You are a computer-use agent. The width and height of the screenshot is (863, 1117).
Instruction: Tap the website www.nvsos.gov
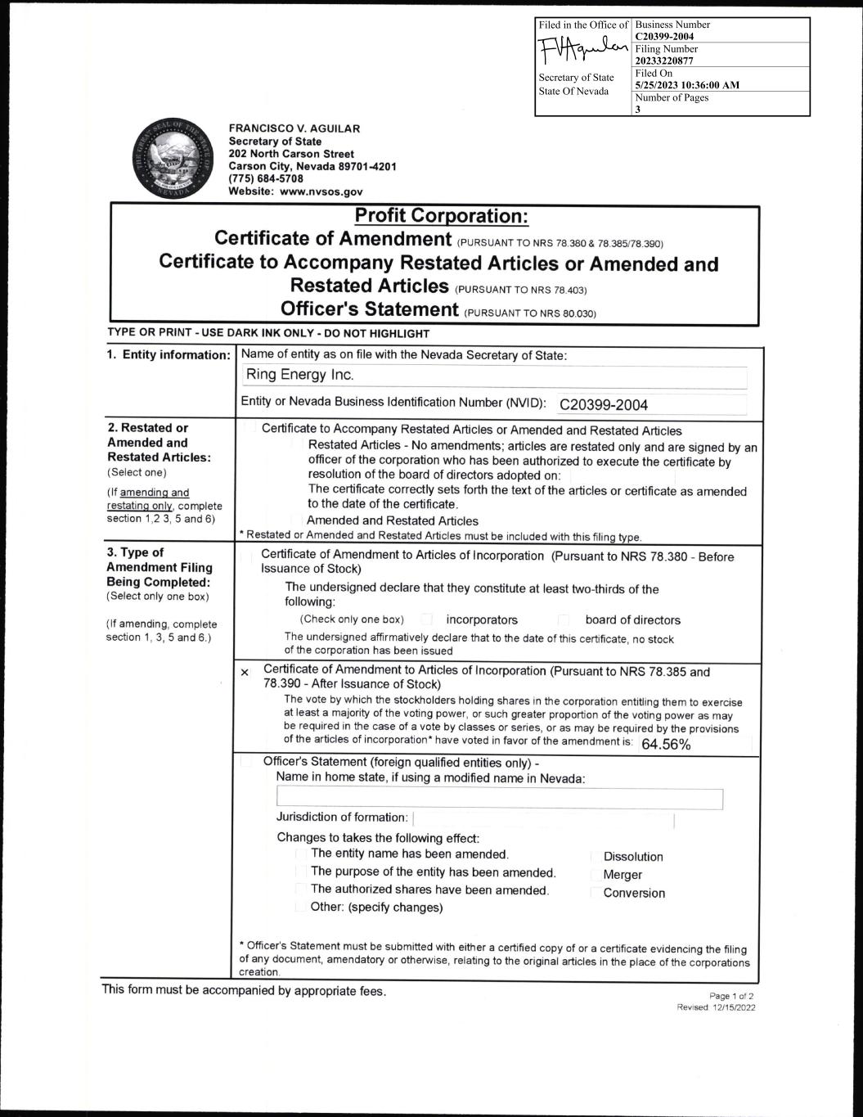pyautogui.click(x=295, y=191)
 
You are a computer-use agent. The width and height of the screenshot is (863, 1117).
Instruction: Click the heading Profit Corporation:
pyautogui.click(x=442, y=216)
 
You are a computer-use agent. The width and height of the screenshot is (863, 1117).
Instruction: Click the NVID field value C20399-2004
pyautogui.click(x=604, y=405)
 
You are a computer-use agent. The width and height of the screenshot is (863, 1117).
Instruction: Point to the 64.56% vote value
pyautogui.click(x=666, y=745)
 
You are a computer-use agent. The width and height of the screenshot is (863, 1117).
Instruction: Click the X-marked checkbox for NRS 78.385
pyautogui.click(x=245, y=673)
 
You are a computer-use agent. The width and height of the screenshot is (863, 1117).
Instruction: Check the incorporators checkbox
pyautogui.click(x=427, y=619)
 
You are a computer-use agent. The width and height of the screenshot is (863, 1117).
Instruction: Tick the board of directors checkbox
pyautogui.click(x=564, y=619)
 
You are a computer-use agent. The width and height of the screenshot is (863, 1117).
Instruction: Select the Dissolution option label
pyautogui.click(x=633, y=857)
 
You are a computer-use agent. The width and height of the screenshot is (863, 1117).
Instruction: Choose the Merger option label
pyautogui.click(x=623, y=875)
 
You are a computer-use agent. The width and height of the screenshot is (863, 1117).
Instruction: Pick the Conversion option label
pyautogui.click(x=634, y=893)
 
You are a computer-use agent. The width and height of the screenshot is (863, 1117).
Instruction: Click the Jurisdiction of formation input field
pyautogui.click(x=543, y=819)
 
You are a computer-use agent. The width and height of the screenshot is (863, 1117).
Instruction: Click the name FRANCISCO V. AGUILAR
pyautogui.click(x=294, y=128)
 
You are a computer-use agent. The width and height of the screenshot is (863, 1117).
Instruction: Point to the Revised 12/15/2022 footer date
pyautogui.click(x=716, y=1007)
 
